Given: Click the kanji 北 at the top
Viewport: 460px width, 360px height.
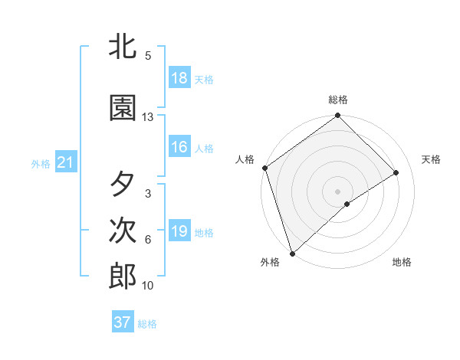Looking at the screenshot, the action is click(123, 47).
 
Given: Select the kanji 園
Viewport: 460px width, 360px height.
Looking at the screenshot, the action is click(123, 108).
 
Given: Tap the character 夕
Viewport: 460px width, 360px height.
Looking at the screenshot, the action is click(123, 185).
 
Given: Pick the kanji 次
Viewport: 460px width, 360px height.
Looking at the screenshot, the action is click(123, 231).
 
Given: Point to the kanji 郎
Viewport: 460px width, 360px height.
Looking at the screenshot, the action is click(123, 277).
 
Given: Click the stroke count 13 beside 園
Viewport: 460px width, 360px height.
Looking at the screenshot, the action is click(148, 117).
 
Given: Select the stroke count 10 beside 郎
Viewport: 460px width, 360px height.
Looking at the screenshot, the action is click(148, 286).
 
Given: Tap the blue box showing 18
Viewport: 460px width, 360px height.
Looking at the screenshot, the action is click(179, 78).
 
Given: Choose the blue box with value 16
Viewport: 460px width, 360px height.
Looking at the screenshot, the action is click(179, 148).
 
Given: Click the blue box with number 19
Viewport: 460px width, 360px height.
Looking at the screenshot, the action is click(179, 231).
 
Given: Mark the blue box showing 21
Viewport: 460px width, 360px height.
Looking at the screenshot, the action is click(65, 162).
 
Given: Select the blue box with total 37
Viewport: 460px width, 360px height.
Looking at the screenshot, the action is click(123, 322).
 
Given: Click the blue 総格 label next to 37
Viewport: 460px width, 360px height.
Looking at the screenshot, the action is click(148, 324).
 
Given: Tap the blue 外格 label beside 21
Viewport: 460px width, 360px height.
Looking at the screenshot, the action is click(41, 163).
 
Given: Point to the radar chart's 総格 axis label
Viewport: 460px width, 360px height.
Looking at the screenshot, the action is click(338, 100).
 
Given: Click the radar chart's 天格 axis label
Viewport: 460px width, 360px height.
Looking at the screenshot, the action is click(432, 159).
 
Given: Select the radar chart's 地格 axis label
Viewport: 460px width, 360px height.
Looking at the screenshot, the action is click(402, 262).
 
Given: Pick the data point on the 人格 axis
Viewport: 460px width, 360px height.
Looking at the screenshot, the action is click(264, 168).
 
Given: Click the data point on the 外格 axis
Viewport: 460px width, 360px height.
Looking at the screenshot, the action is click(292, 253).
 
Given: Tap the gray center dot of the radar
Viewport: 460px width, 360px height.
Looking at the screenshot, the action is click(337, 191).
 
